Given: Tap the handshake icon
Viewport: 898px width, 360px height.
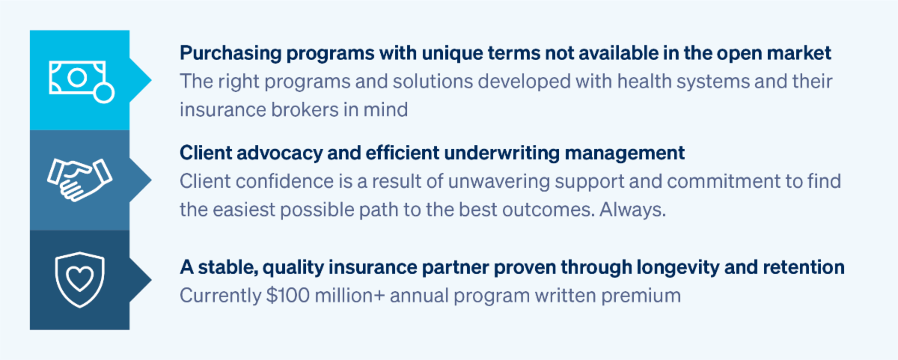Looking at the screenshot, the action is click(x=80, y=180).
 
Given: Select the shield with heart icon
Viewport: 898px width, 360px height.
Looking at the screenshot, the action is click(x=80, y=279).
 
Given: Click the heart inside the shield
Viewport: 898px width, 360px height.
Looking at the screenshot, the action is click(x=80, y=278).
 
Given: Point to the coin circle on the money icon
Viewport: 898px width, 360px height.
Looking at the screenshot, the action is click(x=103, y=93).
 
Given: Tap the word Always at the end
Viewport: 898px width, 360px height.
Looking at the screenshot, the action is click(x=632, y=210).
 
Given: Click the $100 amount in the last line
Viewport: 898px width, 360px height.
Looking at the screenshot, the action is click(x=288, y=296).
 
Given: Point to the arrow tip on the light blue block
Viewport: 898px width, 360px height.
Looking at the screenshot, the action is click(x=151, y=80).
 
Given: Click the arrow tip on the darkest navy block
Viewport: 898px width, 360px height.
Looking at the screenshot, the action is click(x=151, y=279).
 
